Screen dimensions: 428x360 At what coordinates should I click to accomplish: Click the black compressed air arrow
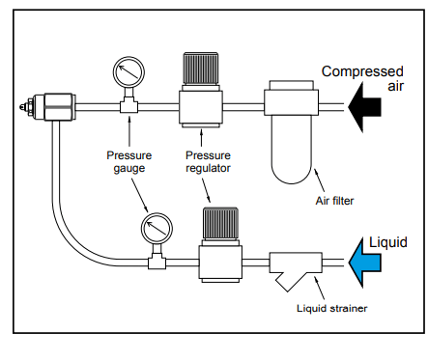[x=364, y=107]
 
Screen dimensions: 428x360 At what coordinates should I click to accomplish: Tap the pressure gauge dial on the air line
[x=128, y=72]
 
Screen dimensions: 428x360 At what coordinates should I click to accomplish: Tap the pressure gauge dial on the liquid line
[x=157, y=229]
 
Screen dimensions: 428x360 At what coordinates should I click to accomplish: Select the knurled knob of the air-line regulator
[x=201, y=69]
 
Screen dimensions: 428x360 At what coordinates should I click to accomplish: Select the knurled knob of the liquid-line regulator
[x=220, y=224]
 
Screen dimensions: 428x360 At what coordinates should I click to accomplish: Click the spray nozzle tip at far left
[x=22, y=105]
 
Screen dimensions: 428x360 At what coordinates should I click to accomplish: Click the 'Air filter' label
[x=334, y=201]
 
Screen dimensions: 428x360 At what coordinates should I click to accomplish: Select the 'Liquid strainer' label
[x=331, y=308]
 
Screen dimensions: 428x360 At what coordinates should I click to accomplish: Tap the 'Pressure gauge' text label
[x=129, y=162]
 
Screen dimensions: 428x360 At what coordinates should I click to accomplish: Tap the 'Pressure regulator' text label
[x=208, y=162]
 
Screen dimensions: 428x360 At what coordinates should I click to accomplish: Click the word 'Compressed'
[x=362, y=72]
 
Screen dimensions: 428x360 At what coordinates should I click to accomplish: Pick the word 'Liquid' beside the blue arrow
[x=388, y=243]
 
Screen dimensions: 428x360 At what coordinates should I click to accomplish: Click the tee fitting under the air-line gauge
[x=128, y=104]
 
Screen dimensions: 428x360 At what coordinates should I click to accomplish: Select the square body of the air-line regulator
[x=201, y=107]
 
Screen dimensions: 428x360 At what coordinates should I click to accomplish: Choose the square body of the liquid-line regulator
[x=220, y=263]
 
